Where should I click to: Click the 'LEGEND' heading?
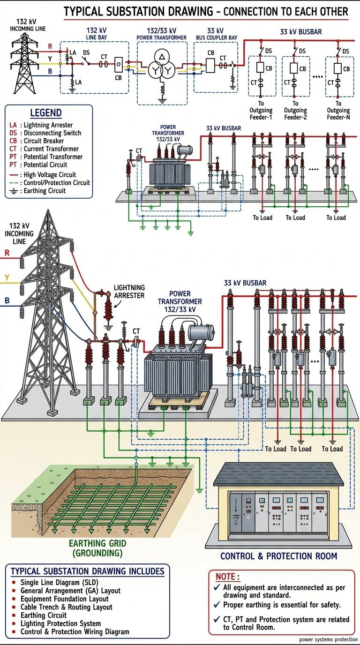point(46,112)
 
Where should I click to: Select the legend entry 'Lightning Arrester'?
point(48,125)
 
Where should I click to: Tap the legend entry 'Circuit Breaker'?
point(44,141)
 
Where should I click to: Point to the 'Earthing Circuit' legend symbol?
point(13,191)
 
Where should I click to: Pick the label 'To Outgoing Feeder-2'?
point(295,110)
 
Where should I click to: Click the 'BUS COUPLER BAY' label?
point(217,37)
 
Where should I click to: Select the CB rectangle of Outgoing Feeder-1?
point(261,67)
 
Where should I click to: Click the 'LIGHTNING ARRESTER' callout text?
point(129,292)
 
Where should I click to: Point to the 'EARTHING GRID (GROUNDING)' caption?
point(97,548)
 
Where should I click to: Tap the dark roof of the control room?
point(278,474)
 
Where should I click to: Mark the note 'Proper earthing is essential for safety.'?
point(282,605)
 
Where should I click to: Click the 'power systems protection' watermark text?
point(328,639)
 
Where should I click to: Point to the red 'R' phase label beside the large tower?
point(7,253)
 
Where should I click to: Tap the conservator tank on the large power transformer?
point(201,333)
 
